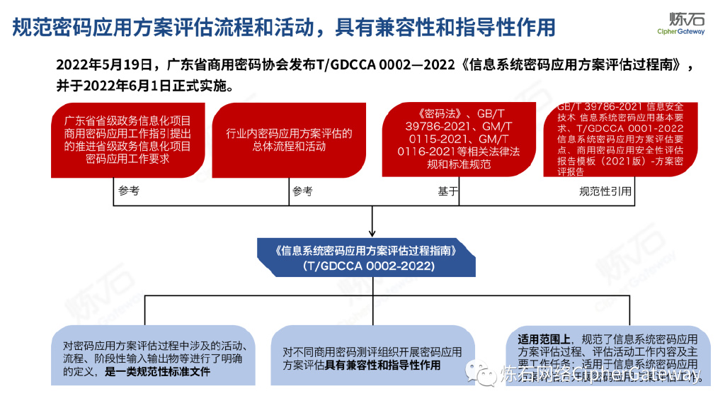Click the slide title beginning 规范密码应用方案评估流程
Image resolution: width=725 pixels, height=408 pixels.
(x=284, y=27)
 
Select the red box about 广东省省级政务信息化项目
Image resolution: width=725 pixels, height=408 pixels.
(x=127, y=140)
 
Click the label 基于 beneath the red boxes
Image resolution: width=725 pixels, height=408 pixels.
(x=447, y=191)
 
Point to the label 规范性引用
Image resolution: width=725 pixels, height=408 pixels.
(x=605, y=191)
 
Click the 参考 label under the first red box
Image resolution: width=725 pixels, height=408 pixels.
(x=129, y=191)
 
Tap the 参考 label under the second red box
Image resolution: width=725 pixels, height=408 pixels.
(x=302, y=191)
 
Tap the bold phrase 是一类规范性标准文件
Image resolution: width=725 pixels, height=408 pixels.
(x=157, y=371)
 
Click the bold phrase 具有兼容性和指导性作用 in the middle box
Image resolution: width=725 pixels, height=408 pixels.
(x=383, y=365)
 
